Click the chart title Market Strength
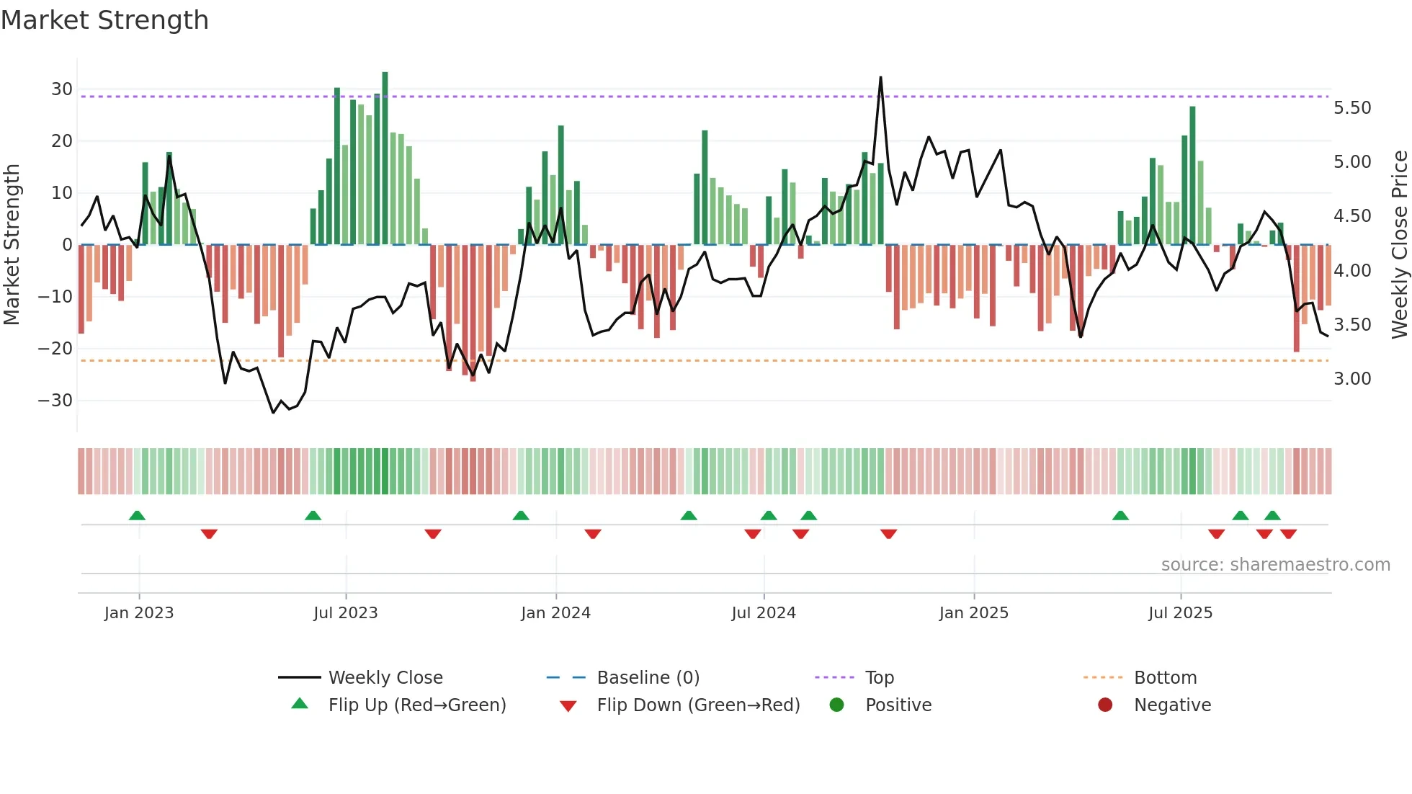pos(105,20)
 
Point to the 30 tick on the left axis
pos(62,89)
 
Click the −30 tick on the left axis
pos(56,401)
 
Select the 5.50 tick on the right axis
pos(1352,108)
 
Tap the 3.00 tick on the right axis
pos(1352,379)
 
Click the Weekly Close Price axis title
pos(1399,245)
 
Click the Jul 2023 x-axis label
pos(346,613)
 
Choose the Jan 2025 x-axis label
pos(974,613)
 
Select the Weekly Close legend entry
pos(385,678)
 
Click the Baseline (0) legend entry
pos(648,678)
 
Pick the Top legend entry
pos(879,678)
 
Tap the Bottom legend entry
pos(1165,678)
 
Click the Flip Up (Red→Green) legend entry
pos(417,705)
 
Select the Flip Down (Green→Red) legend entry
pos(698,705)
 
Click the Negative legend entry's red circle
pos(1105,705)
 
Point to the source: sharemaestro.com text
pos(1275,565)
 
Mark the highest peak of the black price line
pos(880,78)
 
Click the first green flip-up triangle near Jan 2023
pos(137,515)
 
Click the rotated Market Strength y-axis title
pos(12,245)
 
